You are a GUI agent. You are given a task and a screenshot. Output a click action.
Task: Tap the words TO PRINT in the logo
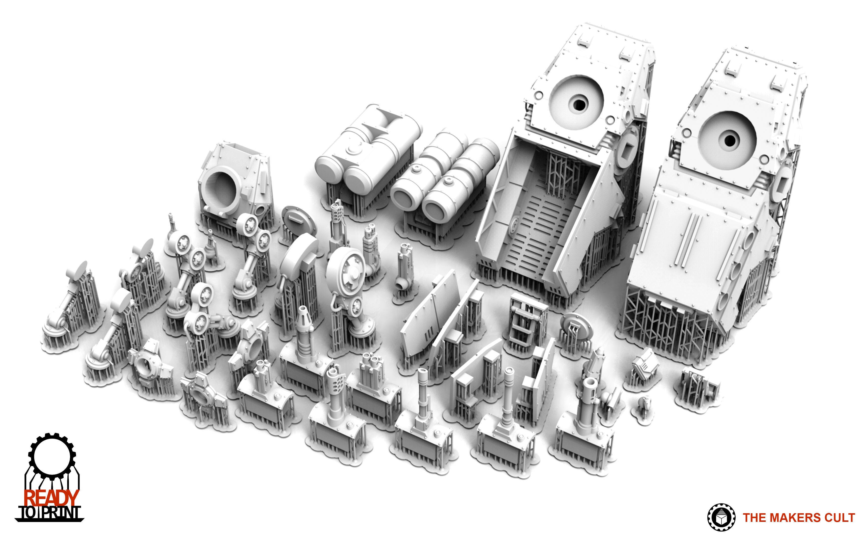pyautogui.click(x=50, y=512)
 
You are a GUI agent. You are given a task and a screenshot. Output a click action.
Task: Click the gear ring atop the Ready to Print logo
pyautogui.click(x=52, y=455)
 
